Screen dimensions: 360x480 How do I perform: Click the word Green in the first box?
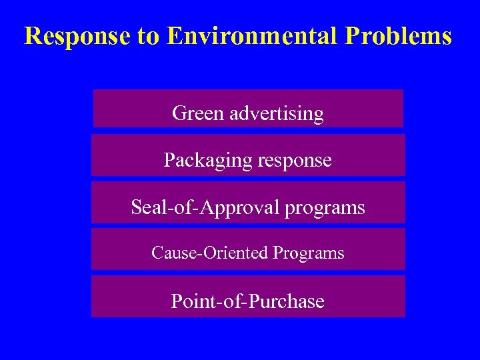pos(198,113)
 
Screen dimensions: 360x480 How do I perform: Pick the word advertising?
pos(276,114)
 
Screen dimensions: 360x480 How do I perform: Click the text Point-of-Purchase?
pos(248,301)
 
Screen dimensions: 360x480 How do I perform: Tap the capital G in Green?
pos(179,113)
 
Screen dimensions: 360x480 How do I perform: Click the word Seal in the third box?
pos(145,207)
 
